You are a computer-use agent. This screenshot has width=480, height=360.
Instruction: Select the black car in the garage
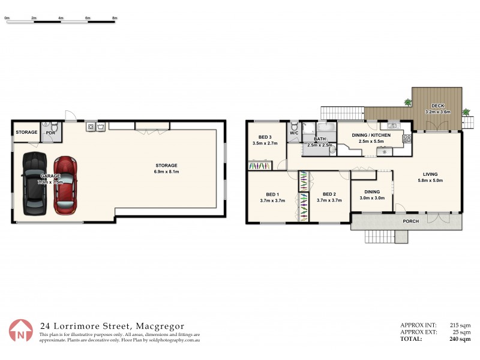tap(34, 184)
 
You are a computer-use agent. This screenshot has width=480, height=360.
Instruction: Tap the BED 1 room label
tap(272, 194)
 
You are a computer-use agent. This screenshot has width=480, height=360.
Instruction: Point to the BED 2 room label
tap(328, 194)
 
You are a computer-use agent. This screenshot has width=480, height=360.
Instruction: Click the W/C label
tap(294, 133)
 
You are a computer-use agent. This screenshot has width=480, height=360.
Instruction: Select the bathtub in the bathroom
tap(328, 127)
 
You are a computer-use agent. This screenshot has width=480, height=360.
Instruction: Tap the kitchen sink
tap(394, 125)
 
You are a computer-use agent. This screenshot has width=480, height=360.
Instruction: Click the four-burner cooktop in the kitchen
tap(407, 137)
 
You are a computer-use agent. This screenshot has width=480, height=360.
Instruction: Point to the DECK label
tap(437, 106)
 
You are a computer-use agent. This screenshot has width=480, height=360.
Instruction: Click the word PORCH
tap(410, 221)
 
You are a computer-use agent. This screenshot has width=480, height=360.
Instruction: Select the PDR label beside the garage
tap(50, 133)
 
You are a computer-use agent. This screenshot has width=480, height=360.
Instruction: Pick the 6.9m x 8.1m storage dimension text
tap(167, 172)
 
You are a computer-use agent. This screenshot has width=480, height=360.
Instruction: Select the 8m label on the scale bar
tap(115, 19)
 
